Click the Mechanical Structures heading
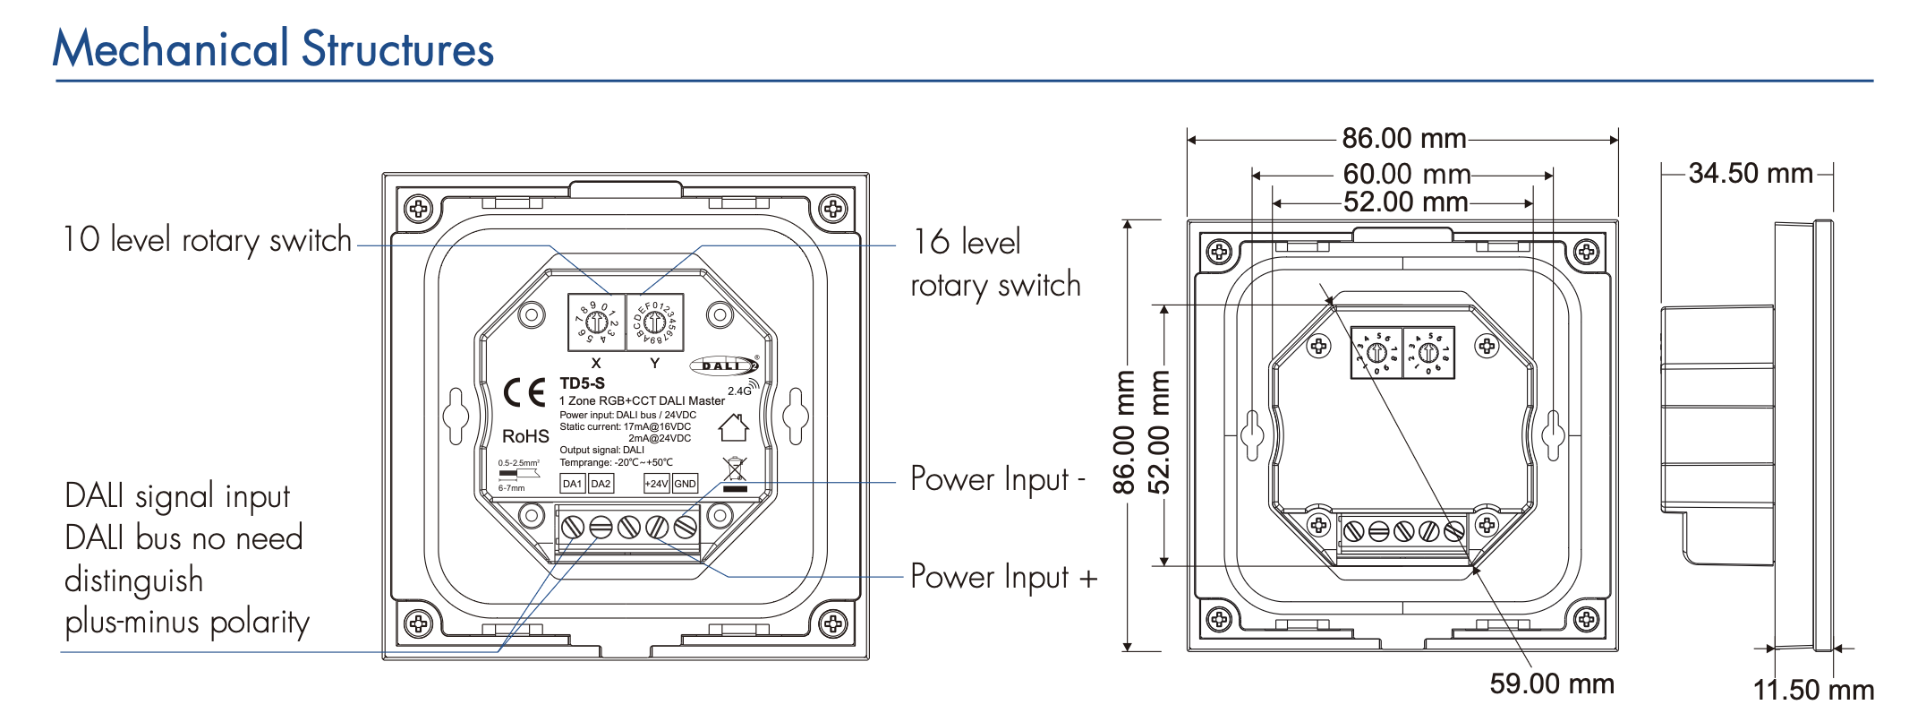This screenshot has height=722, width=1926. [273, 49]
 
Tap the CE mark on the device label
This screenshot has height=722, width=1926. [524, 392]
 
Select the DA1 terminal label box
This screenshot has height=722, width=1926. [572, 484]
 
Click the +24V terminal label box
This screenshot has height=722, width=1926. [656, 484]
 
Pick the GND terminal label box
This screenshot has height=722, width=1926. [686, 484]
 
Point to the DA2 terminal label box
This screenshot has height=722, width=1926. [601, 484]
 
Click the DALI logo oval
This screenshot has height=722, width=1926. [724, 365]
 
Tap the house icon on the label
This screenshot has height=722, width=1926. [734, 427]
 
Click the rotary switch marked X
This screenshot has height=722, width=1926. [596, 322]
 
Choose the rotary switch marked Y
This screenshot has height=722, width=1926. [654, 322]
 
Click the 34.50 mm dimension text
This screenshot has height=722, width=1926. [1750, 173]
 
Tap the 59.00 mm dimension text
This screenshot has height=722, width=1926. [1552, 683]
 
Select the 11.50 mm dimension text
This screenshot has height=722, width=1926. [1813, 690]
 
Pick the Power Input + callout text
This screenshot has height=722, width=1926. [1003, 577]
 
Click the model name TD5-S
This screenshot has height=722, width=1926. [583, 383]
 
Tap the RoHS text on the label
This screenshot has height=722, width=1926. [525, 436]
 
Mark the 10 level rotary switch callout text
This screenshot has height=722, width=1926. [207, 240]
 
